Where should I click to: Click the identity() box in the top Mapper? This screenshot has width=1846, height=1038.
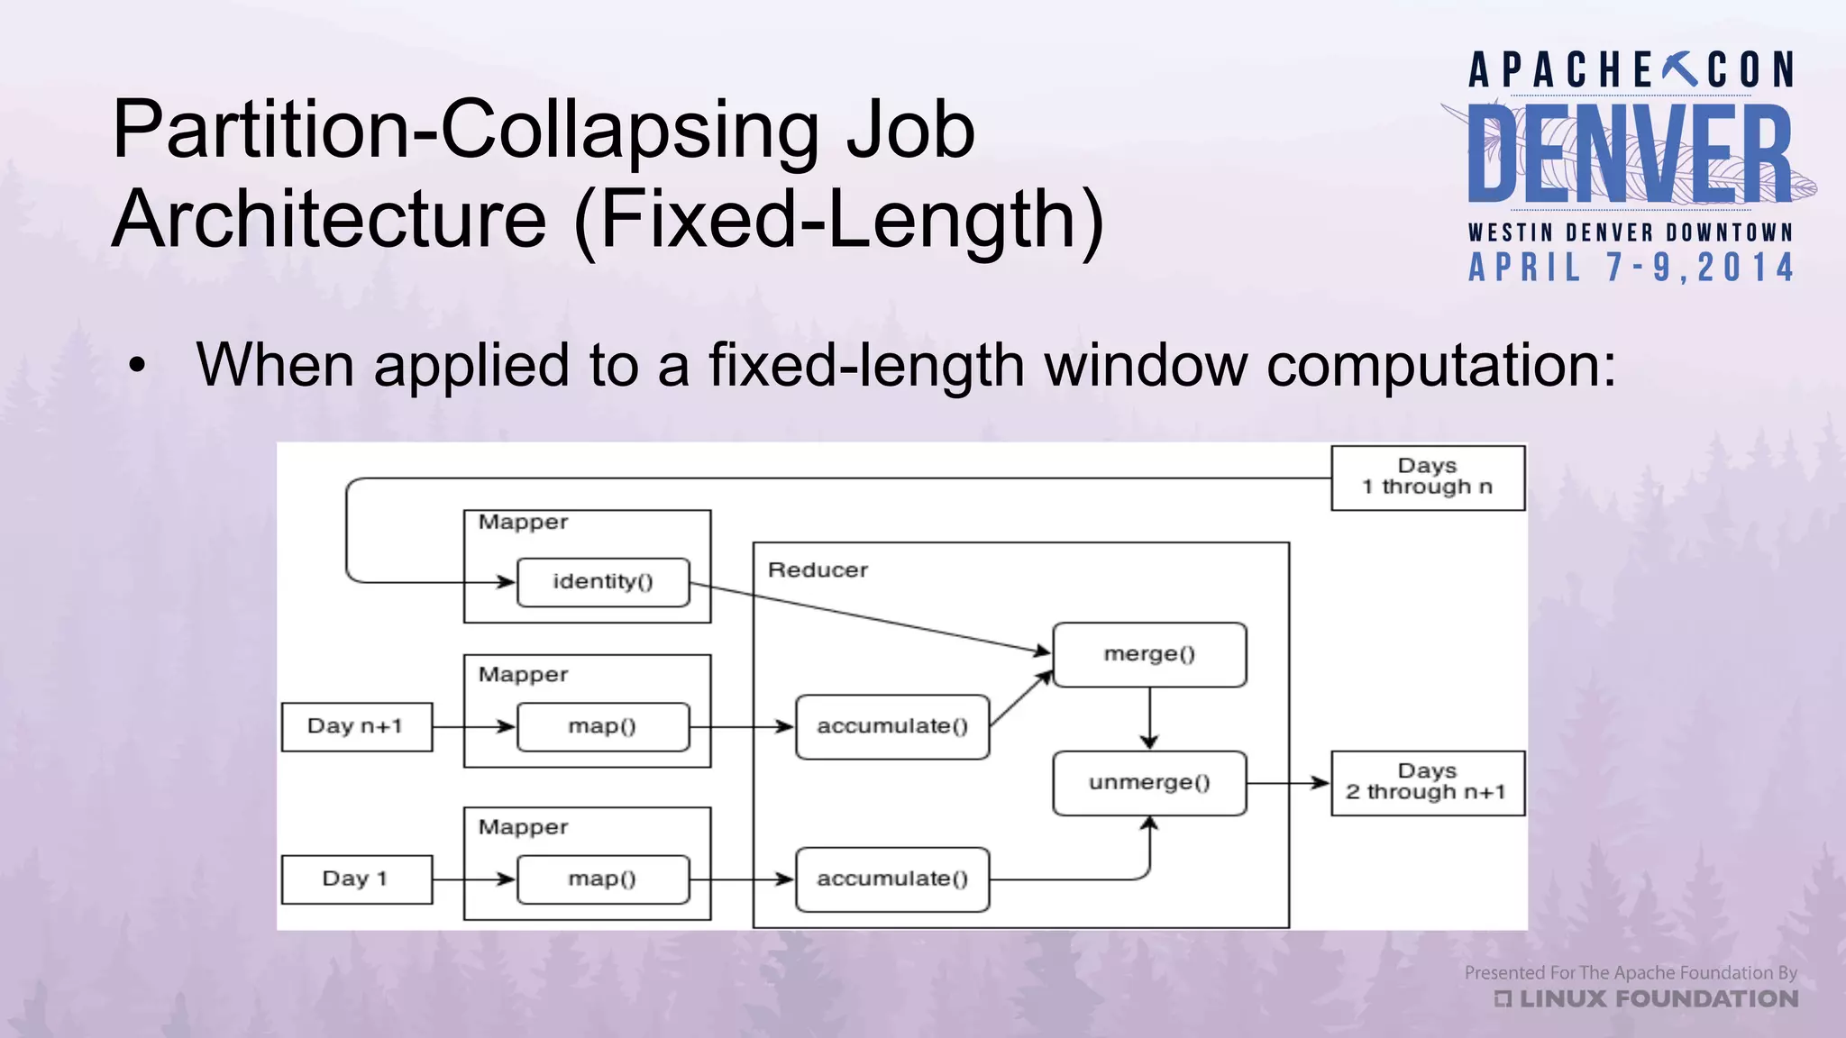pyautogui.click(x=603, y=582)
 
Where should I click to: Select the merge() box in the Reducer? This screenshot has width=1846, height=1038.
pyautogui.click(x=1149, y=654)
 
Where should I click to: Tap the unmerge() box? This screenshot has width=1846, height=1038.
pyautogui.click(x=1149, y=782)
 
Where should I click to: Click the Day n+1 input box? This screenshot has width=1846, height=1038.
pyautogui.click(x=356, y=726)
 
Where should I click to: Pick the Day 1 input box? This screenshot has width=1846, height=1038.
pyautogui.click(x=356, y=879)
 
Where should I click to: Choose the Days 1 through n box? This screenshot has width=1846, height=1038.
pyautogui.click(x=1428, y=478)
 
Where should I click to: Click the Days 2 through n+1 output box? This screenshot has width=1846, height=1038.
pyautogui.click(x=1428, y=782)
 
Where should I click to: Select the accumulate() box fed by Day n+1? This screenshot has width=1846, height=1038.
pyautogui.click(x=892, y=726)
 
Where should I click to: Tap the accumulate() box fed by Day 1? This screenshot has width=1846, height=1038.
pyautogui.click(x=892, y=879)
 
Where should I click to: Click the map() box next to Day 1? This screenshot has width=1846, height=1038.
pyautogui.click(x=603, y=879)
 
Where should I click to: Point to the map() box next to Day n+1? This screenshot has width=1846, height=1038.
pyautogui.click(x=603, y=726)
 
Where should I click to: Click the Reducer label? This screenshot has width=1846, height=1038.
pyautogui.click(x=818, y=570)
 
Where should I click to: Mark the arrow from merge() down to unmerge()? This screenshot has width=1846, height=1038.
pyautogui.click(x=1149, y=718)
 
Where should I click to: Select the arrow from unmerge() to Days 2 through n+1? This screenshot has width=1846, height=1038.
pyautogui.click(x=1288, y=783)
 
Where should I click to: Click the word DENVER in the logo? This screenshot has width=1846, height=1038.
pyautogui.click(x=1630, y=153)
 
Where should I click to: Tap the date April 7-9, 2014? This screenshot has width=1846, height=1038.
pyautogui.click(x=1631, y=268)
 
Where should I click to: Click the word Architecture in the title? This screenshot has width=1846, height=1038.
pyautogui.click(x=329, y=219)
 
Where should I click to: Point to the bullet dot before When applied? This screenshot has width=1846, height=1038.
pyautogui.click(x=136, y=366)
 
